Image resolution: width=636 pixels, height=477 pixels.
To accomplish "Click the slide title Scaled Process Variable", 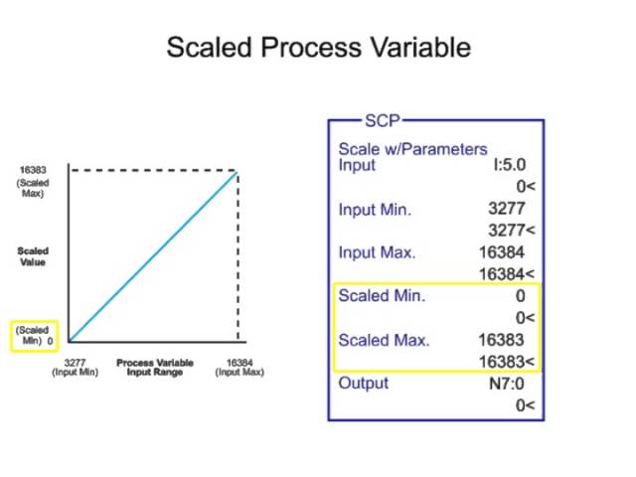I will point(317,48).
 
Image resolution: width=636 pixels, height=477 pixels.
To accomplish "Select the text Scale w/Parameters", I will point(412,149).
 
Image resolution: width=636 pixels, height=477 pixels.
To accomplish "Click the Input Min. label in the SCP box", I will point(375,210).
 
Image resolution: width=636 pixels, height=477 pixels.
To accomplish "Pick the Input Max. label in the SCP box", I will point(377,252).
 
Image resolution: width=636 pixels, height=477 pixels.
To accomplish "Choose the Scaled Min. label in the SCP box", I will point(382,295).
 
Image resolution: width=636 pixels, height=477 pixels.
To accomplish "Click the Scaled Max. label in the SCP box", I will point(384,339).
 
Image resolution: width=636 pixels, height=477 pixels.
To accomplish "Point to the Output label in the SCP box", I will point(364,383).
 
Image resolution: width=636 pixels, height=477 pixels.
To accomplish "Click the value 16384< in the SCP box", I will point(507,273).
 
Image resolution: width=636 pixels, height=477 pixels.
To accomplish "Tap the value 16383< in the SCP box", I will point(507,361).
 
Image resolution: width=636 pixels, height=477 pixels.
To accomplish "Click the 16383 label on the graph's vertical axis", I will point(33,171).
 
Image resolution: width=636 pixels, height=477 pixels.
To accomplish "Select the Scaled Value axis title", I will point(32,256).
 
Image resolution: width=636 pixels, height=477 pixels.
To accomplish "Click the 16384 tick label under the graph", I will point(238,363).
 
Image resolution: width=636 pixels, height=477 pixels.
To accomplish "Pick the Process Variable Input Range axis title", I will point(155,368).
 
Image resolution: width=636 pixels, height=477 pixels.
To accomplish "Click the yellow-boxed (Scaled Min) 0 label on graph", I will point(34,334).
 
